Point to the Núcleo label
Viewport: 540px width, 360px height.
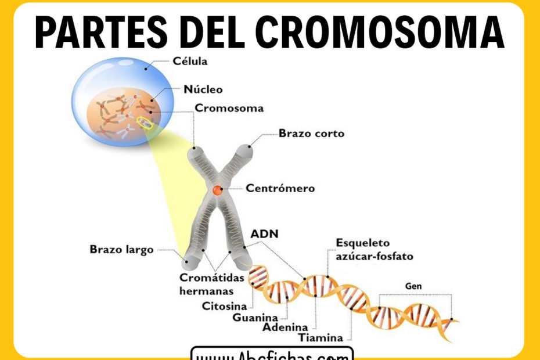tap(203, 89)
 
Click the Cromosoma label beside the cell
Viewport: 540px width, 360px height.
tap(229, 108)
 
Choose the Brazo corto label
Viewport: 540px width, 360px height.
tap(311, 134)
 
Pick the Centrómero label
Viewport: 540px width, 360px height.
tap(280, 188)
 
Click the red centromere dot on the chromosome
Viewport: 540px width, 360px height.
tap(217, 189)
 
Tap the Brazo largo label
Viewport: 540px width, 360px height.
tap(121, 250)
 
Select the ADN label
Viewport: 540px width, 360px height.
tap(264, 234)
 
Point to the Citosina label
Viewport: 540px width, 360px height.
tap(224, 305)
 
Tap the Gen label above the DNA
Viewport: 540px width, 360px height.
tap(413, 286)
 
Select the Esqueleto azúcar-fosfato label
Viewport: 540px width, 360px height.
tap(375, 249)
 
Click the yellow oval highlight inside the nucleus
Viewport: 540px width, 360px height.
tap(145, 123)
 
